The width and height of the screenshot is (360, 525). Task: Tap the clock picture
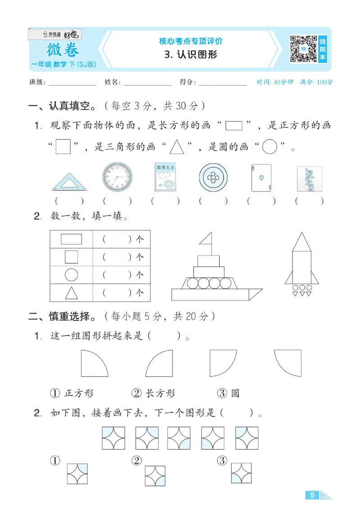pos(117,178)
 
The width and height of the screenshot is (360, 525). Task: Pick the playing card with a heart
pos(261,178)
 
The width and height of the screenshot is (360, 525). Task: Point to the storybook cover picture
pos(165,178)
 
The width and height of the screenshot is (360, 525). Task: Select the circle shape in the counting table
pos(71,274)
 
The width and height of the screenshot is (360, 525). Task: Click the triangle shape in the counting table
pos(71,293)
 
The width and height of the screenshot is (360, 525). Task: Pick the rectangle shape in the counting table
pos(71,238)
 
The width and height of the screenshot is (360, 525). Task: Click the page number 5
pos(312,495)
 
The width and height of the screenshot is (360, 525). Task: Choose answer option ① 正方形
pos(72,393)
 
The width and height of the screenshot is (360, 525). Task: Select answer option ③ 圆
pos(228,393)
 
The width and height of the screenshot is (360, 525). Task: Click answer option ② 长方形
pos(153,393)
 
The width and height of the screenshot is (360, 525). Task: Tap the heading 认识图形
pos(191,55)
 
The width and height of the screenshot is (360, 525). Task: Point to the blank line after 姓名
pos(148,84)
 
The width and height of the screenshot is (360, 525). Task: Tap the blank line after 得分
pos(222,84)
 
